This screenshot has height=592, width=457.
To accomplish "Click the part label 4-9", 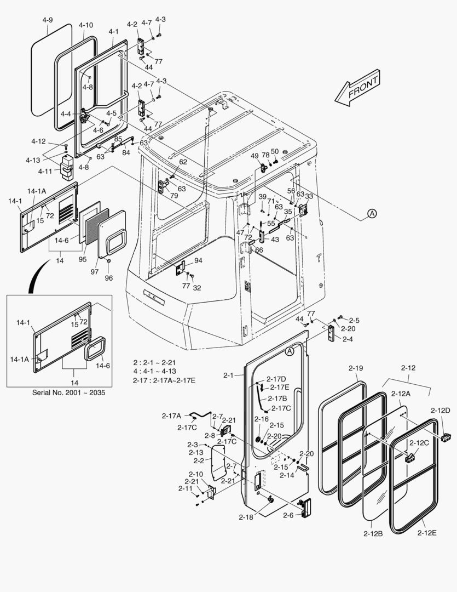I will (x=48, y=20).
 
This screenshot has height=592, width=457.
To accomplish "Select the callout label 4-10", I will (x=86, y=25).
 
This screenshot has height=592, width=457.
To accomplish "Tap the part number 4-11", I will (x=45, y=172).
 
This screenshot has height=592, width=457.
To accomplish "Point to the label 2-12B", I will (x=373, y=532).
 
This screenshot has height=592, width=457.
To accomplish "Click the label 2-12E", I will (x=427, y=532).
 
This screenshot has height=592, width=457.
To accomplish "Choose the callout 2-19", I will (x=355, y=368).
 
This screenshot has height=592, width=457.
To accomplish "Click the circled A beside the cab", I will (x=372, y=214).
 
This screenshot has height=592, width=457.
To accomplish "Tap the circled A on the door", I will (x=290, y=351).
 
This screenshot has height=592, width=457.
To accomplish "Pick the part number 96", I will (x=108, y=278).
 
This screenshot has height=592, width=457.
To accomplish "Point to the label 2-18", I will (x=246, y=516).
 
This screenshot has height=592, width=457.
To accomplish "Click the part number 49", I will (x=255, y=156).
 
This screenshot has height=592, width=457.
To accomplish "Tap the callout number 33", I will (x=309, y=196).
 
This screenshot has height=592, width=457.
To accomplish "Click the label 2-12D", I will (x=439, y=411).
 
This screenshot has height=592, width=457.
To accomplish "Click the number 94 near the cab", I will (x=198, y=260).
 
